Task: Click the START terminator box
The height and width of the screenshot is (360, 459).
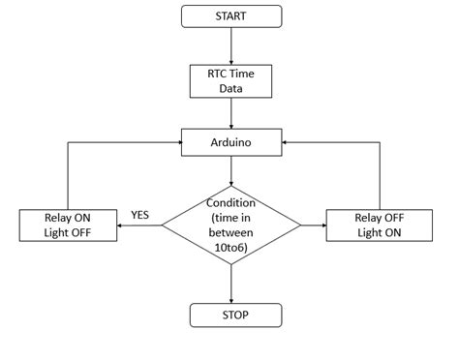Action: pos(231,15)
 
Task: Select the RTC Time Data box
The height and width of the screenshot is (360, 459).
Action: pos(231,80)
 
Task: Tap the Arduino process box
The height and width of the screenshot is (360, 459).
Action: pos(231,141)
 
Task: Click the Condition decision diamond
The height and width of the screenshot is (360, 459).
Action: pos(231,225)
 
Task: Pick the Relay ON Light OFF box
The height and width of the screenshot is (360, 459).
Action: pos(67,225)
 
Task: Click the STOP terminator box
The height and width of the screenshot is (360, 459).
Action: pos(231,315)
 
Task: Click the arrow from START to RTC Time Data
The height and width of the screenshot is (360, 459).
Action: pos(231,45)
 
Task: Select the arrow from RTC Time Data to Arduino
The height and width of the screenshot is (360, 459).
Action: pos(231,111)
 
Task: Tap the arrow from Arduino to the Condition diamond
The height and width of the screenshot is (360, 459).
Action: pos(231,169)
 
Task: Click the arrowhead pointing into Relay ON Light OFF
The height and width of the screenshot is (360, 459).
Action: pos(119,225)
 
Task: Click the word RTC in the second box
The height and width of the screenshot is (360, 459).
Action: pos(213,73)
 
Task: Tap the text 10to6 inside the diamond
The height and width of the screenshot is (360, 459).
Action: pos(231,247)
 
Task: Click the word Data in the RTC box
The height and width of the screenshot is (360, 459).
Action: pos(231,88)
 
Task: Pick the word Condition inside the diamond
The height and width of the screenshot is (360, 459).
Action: pos(231,203)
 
